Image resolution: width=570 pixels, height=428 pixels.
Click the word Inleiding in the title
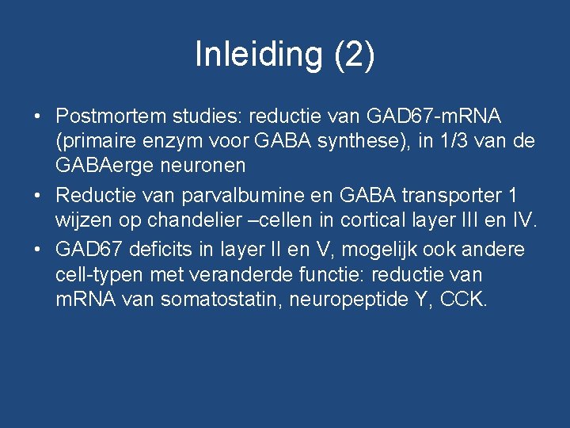coord(260,55)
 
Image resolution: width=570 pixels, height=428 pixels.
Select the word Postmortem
coord(112,117)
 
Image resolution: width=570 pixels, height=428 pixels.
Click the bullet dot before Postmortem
coord(38,117)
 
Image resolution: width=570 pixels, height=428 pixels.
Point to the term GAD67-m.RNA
coord(434,117)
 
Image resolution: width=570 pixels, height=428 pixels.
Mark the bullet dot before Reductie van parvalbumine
coord(38,194)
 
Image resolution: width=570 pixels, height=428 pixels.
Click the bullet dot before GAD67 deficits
coord(38,249)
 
